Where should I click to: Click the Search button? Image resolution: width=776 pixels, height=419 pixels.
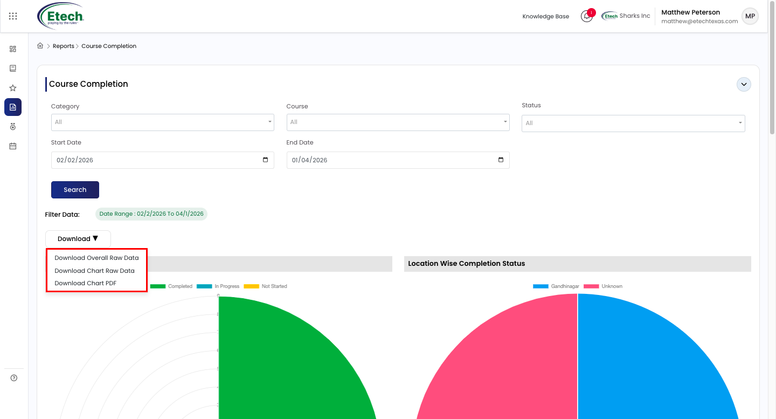click(75, 190)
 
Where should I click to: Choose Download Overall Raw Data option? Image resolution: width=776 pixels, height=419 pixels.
click(96, 258)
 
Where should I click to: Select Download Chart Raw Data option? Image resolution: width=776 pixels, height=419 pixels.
click(94, 271)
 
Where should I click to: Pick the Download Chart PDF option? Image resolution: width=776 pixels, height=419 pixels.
click(85, 283)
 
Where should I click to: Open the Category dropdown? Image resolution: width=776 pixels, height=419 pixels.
click(163, 122)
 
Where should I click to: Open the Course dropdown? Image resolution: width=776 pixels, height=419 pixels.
click(398, 122)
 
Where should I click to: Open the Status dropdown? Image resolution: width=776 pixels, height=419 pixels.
click(633, 123)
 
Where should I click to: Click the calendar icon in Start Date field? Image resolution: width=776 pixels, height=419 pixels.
click(265, 160)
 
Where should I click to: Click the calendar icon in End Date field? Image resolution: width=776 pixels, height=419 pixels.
click(501, 160)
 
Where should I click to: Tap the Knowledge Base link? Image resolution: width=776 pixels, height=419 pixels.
click(545, 16)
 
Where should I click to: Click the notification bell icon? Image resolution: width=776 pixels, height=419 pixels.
click(586, 16)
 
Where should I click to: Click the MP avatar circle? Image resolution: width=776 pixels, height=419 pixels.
click(750, 16)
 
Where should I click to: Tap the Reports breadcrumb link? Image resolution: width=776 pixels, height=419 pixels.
click(64, 46)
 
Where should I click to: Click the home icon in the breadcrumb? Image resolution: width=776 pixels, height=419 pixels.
click(40, 46)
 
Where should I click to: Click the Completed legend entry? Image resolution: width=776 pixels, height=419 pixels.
click(171, 286)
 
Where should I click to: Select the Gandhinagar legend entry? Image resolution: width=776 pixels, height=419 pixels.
click(556, 286)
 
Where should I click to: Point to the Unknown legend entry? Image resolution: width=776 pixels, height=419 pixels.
click(603, 286)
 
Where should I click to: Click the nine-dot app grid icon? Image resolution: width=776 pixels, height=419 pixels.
click(13, 16)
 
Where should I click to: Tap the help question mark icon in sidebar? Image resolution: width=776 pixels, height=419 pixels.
click(14, 378)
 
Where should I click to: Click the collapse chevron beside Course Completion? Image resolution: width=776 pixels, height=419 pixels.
click(744, 84)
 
